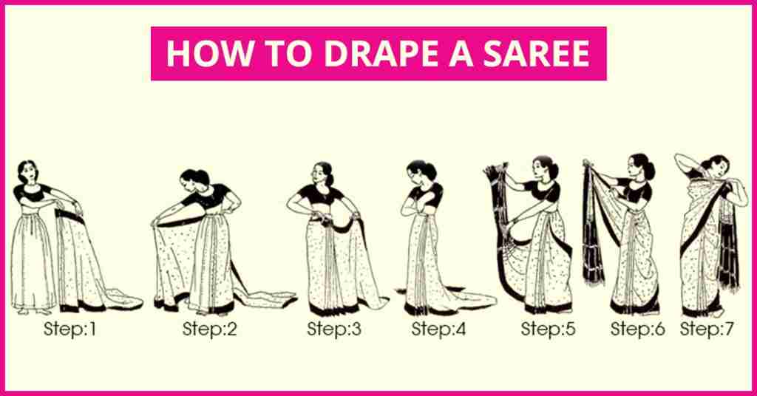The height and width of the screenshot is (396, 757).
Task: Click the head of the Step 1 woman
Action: pos(27,171)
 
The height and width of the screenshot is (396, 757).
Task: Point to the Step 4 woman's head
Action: pos(420,171)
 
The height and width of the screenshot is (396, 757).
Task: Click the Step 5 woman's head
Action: pos(544,168)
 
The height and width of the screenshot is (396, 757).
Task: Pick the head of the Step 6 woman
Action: pos(640,165)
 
